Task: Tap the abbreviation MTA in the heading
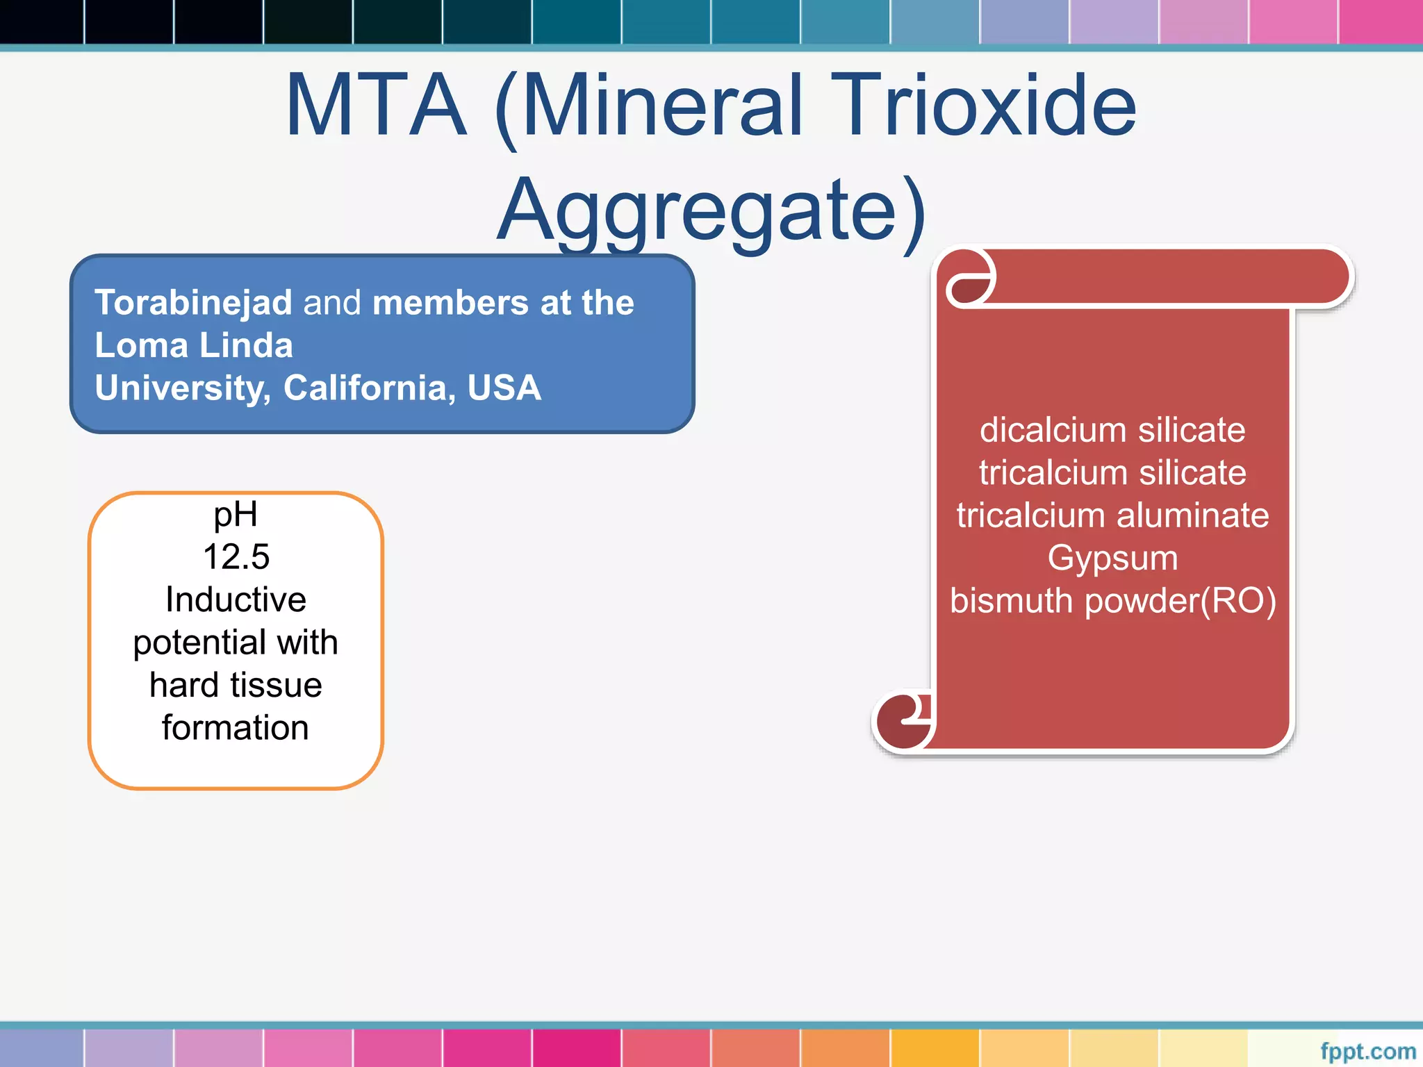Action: (375, 106)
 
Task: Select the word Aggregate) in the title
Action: (711, 210)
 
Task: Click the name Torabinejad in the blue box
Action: (193, 303)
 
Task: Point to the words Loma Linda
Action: (194, 345)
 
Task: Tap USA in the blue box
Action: (504, 388)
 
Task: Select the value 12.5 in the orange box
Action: (236, 557)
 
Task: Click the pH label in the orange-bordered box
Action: (236, 515)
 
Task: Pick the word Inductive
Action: (236, 599)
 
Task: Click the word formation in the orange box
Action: (236, 728)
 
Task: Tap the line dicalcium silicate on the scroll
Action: (1112, 430)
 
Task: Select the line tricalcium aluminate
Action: (1112, 515)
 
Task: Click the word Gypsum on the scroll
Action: (1112, 558)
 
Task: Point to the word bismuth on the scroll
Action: (1012, 601)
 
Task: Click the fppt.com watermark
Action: (1367, 1052)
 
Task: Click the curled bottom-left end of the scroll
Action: (903, 720)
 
